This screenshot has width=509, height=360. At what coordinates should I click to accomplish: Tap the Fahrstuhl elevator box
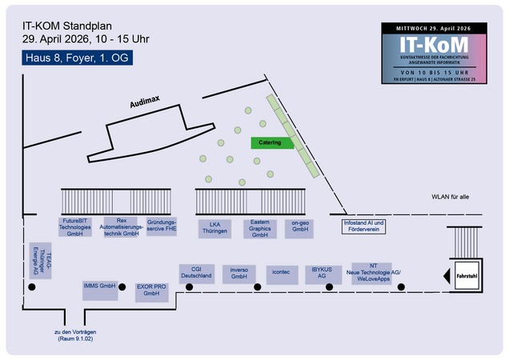tap(466, 275)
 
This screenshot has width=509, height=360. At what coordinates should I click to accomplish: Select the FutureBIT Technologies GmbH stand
tap(75, 227)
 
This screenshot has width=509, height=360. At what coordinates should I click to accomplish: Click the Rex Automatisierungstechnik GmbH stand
tap(121, 227)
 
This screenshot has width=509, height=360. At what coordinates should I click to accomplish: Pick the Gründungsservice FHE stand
tap(162, 226)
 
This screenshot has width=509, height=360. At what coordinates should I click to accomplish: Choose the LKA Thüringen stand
tap(214, 228)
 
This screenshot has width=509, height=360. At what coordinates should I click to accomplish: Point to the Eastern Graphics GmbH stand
tap(259, 229)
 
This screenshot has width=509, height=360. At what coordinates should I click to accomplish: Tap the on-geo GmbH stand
tap(300, 228)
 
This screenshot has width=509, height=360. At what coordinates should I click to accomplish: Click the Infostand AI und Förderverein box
tap(364, 226)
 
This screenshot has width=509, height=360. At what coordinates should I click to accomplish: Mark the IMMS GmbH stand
tap(100, 286)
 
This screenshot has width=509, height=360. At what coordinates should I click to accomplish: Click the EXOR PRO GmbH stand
tap(151, 290)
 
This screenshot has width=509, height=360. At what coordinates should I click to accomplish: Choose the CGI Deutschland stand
tap(196, 272)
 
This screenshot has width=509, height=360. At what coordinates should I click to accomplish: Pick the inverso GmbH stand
tap(238, 272)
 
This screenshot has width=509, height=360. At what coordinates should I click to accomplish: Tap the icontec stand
tap(281, 272)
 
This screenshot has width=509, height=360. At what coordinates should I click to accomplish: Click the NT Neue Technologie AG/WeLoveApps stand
tap(373, 273)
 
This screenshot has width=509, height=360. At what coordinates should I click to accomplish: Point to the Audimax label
tap(146, 102)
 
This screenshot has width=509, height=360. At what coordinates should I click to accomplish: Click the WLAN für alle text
tap(451, 197)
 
